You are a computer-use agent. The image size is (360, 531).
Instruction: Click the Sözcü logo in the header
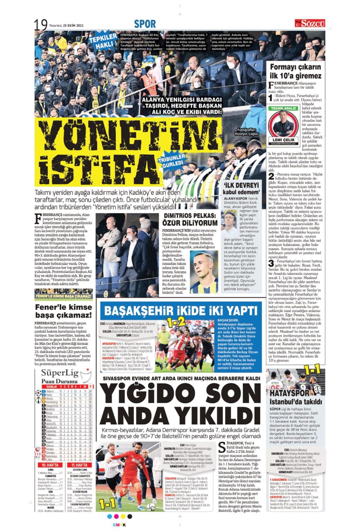(310, 23)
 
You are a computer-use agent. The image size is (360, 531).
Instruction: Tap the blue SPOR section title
(145, 24)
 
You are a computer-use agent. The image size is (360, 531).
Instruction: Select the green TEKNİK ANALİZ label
(283, 108)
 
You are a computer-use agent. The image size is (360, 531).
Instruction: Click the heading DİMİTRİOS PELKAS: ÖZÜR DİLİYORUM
(190, 220)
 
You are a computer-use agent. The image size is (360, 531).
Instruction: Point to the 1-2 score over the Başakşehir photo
(176, 322)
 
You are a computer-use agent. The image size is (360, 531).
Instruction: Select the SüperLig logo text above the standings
(60, 373)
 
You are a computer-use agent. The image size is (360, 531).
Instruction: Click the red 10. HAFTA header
(50, 465)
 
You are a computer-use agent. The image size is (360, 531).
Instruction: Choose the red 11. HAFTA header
(79, 465)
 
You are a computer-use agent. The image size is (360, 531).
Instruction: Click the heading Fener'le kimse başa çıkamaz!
(64, 311)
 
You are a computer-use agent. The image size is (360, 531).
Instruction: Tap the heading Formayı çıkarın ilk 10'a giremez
(295, 71)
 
